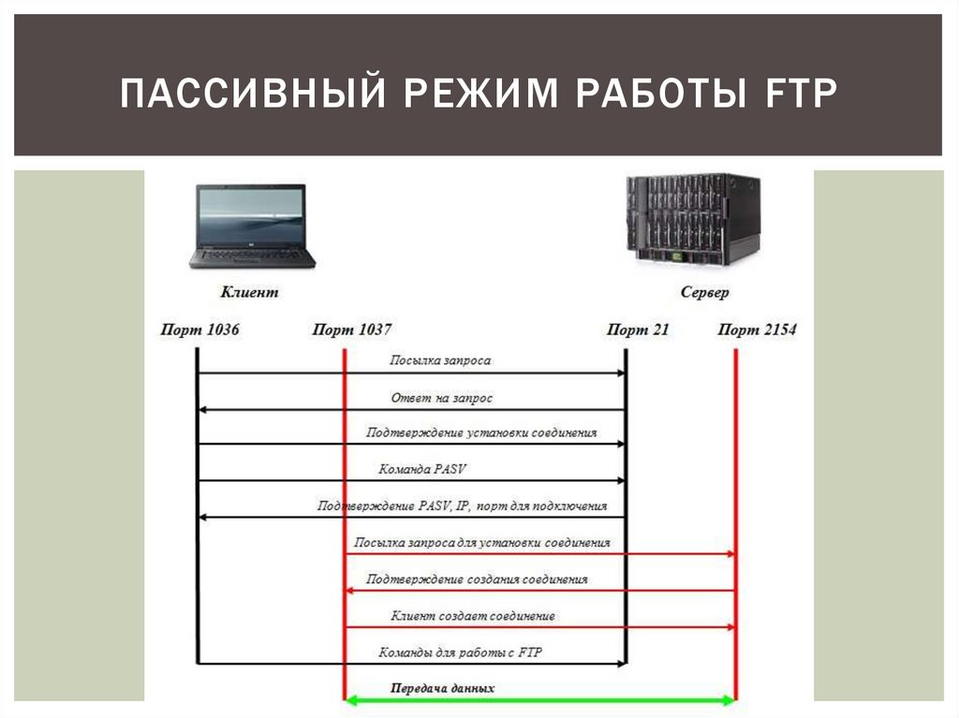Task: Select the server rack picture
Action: [693, 217]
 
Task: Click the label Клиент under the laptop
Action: [249, 292]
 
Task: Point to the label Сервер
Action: [705, 292]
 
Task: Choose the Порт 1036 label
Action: [200, 330]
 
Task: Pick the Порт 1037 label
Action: [352, 330]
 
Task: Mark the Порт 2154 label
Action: [758, 330]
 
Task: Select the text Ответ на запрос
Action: [441, 398]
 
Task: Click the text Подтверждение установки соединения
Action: [481, 432]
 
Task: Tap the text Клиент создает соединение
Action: [472, 616]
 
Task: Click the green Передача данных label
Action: [443, 688]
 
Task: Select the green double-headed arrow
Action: [540, 699]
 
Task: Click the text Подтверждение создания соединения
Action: [477, 579]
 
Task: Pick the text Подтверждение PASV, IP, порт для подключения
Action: [462, 506]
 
